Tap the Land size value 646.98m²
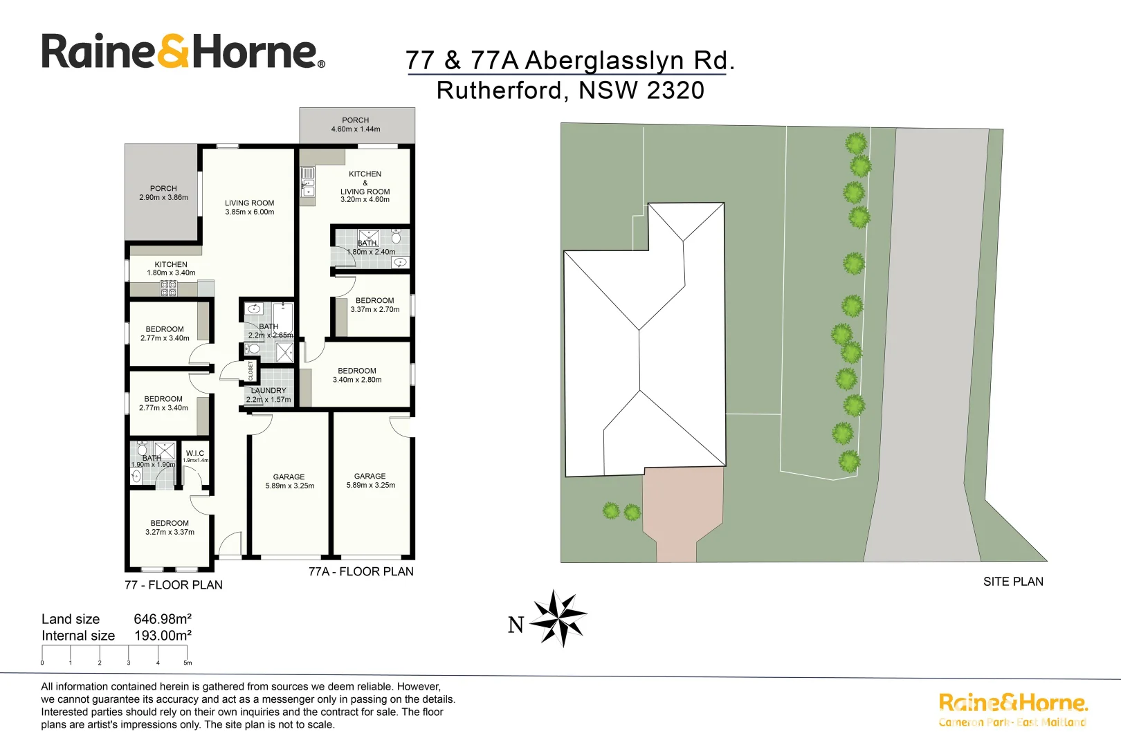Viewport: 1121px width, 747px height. (x=162, y=619)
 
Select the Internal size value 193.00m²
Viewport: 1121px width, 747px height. (x=162, y=636)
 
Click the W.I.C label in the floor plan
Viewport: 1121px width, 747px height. (x=195, y=454)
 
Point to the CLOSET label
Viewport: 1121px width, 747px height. (x=250, y=371)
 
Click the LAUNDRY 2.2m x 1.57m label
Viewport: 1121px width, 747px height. (x=268, y=395)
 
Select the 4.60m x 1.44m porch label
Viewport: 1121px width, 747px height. (x=356, y=124)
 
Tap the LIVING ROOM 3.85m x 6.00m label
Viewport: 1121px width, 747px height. (x=249, y=207)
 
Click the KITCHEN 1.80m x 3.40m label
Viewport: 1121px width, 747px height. (x=171, y=268)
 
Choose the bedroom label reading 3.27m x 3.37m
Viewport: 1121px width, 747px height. (x=170, y=528)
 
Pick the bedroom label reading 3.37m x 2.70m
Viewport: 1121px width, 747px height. (x=374, y=305)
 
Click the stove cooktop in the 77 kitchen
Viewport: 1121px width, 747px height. (x=168, y=288)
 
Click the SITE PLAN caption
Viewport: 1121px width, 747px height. (x=1013, y=582)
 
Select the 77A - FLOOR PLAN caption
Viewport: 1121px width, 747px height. (x=361, y=571)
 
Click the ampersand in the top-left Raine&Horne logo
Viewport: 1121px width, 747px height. (x=173, y=52)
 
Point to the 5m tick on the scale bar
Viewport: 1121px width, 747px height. (x=187, y=662)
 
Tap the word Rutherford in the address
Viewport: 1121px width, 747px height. (x=499, y=91)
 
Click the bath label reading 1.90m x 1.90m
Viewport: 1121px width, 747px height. (x=152, y=461)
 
